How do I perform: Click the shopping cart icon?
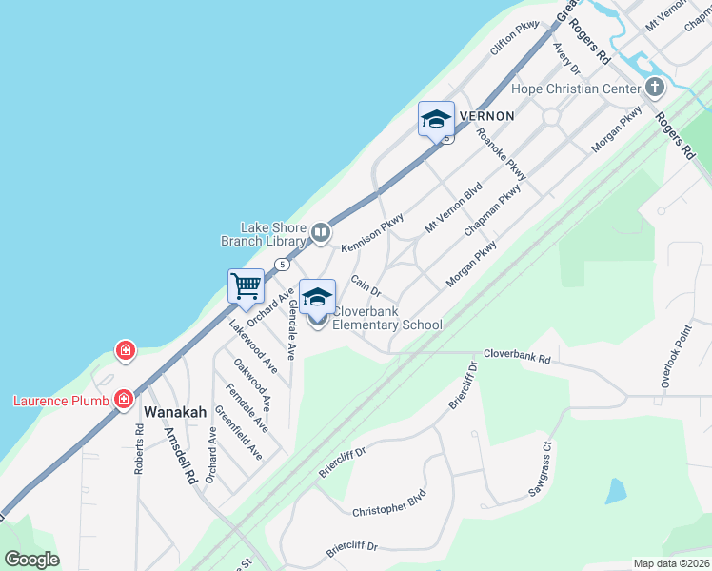(246, 285)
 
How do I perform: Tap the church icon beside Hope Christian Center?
(654, 89)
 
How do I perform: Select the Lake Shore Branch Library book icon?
(322, 231)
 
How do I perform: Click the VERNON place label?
(486, 116)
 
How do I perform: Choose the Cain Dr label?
(366, 284)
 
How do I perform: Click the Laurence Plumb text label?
(56, 400)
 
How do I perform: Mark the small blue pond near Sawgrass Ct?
(616, 491)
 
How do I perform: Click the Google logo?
(31, 560)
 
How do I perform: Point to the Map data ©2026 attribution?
(671, 563)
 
